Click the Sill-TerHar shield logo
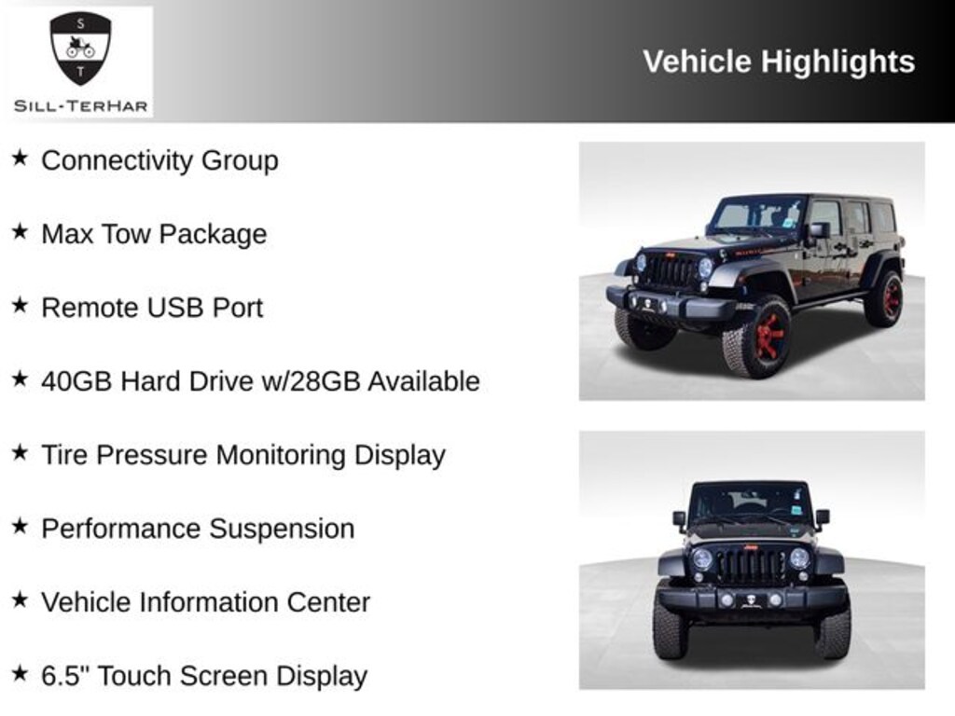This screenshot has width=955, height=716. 80,48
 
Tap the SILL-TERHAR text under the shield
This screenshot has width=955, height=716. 80,105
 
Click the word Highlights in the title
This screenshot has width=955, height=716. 837,62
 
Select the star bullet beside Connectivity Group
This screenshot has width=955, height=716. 20,158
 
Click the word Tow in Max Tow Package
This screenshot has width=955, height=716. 128,234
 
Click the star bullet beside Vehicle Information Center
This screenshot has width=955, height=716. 20,600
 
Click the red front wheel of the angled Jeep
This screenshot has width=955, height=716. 768,337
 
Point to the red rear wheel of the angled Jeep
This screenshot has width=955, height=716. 886,299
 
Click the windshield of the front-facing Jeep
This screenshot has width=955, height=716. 751,503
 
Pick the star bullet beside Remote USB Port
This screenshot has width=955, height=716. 20,306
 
